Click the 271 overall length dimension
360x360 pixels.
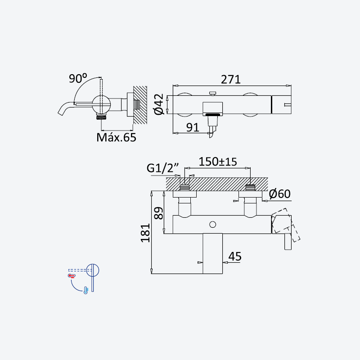[231, 80]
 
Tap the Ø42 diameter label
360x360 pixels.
[159, 104]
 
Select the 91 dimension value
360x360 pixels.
[193, 127]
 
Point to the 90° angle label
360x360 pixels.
[78, 78]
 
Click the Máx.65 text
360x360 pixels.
[116, 137]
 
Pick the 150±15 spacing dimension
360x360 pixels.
[218, 162]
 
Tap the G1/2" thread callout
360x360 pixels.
[162, 168]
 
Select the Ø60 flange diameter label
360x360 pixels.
[279, 194]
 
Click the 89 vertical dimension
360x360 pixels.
[159, 213]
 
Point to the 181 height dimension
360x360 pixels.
[145, 233]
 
